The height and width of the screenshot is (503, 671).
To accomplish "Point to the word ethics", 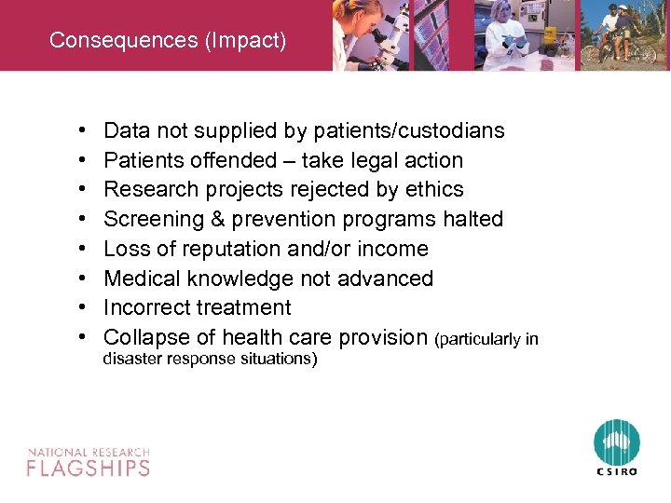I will [433, 189].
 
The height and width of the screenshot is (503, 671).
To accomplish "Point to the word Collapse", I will [144, 337].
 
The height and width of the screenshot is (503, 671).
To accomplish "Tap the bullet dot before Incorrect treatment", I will [83, 308].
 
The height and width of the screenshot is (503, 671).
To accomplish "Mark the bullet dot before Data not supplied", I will [83, 131].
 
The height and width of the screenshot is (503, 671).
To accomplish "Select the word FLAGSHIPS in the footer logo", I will [89, 467].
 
